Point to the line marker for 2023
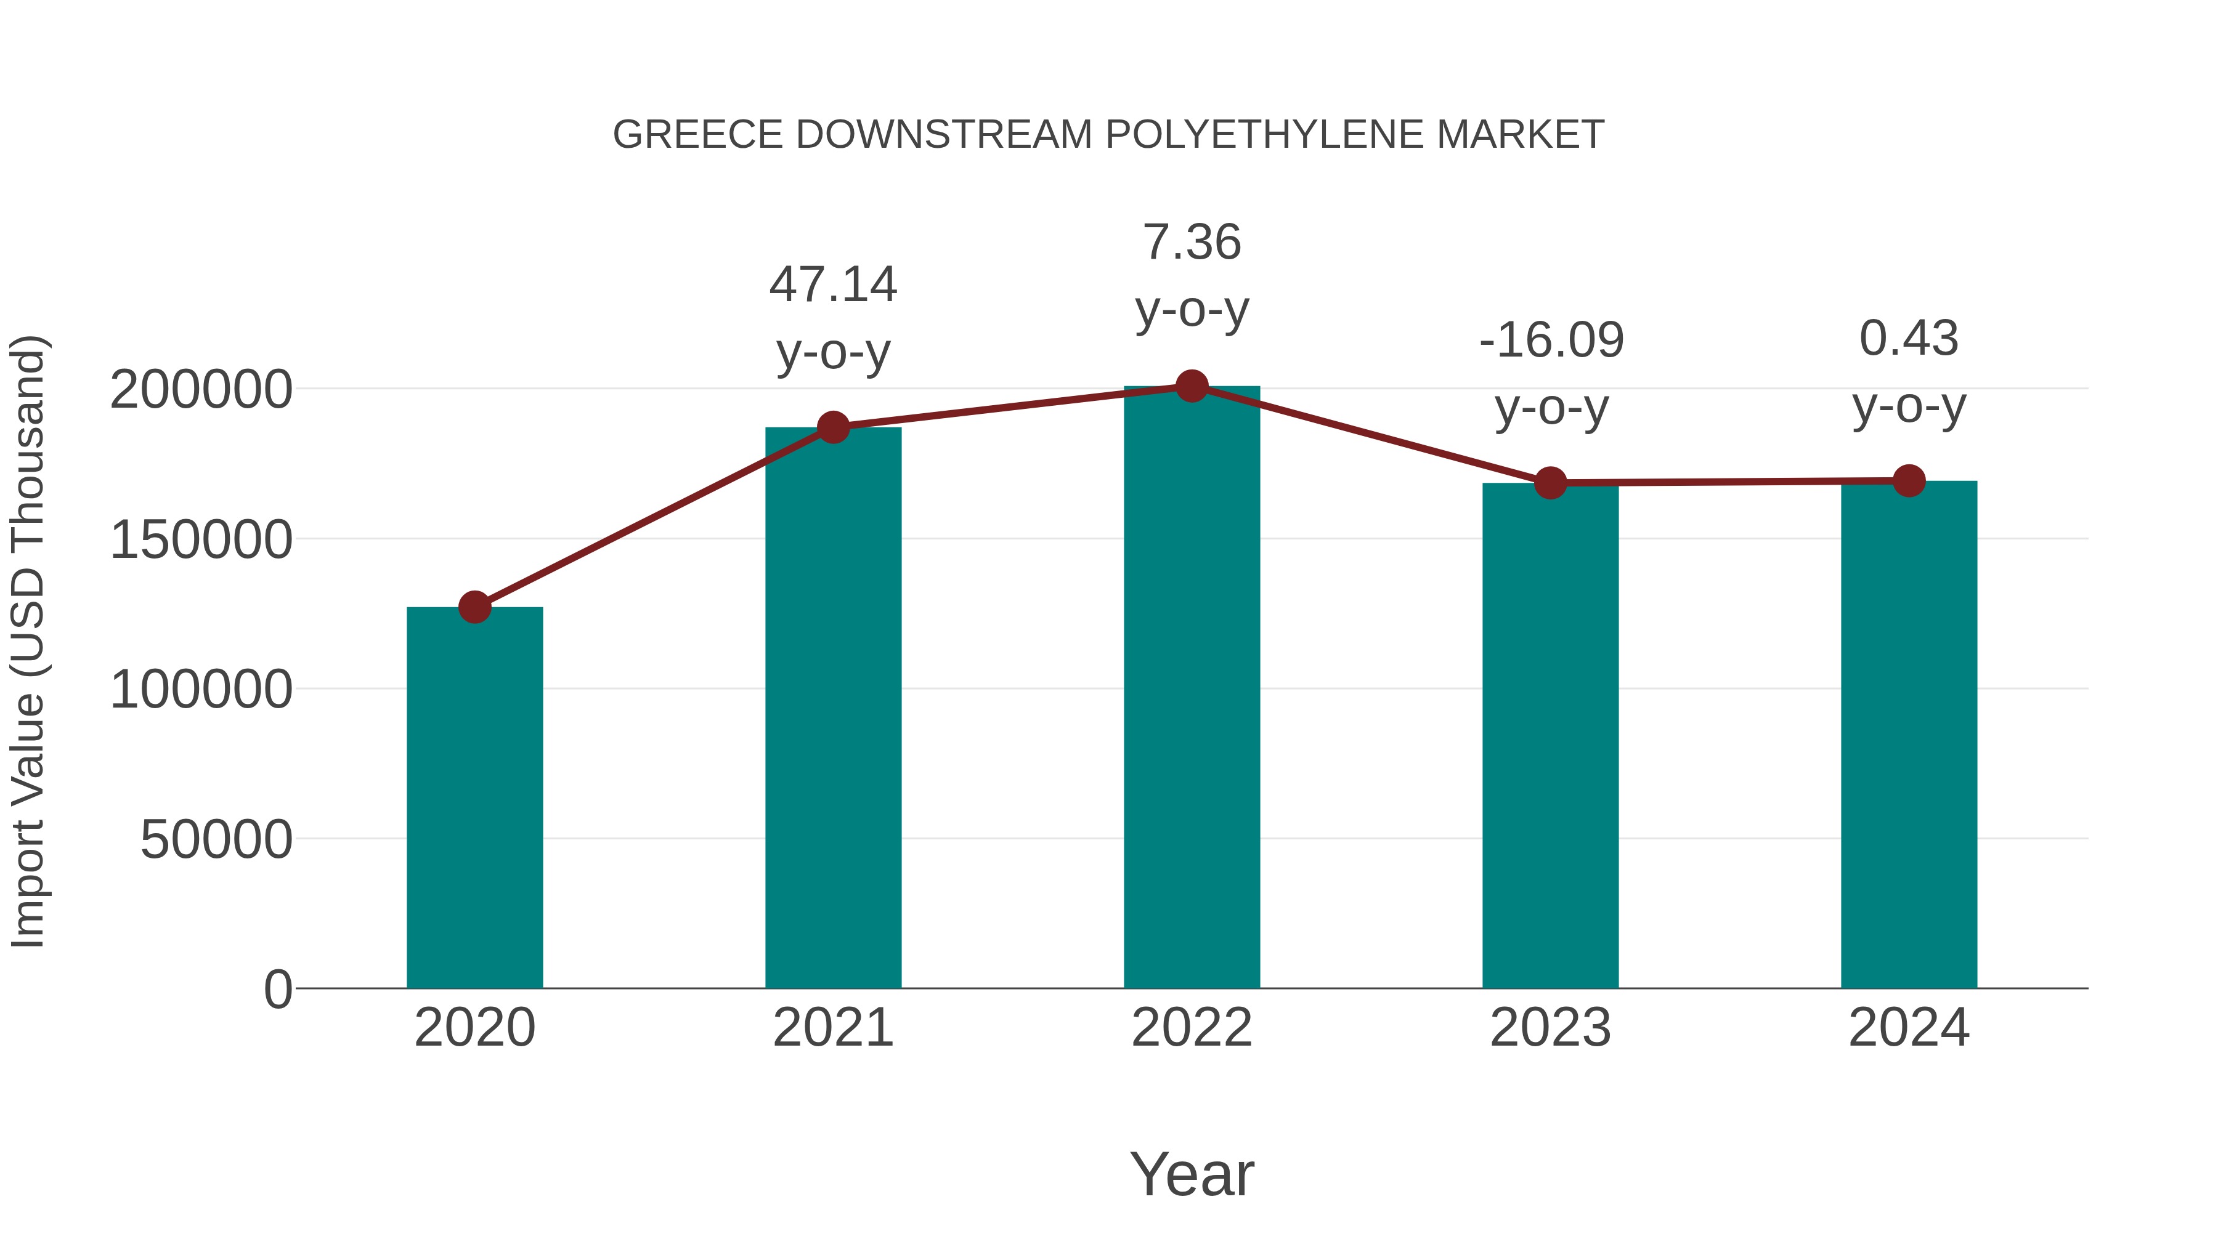1551,483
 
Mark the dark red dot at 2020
474,607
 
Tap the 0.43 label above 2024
1909,338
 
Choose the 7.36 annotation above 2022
1192,243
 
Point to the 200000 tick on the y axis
201,390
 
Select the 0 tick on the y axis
277,989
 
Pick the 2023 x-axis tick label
1551,1028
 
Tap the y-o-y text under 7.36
1192,311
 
